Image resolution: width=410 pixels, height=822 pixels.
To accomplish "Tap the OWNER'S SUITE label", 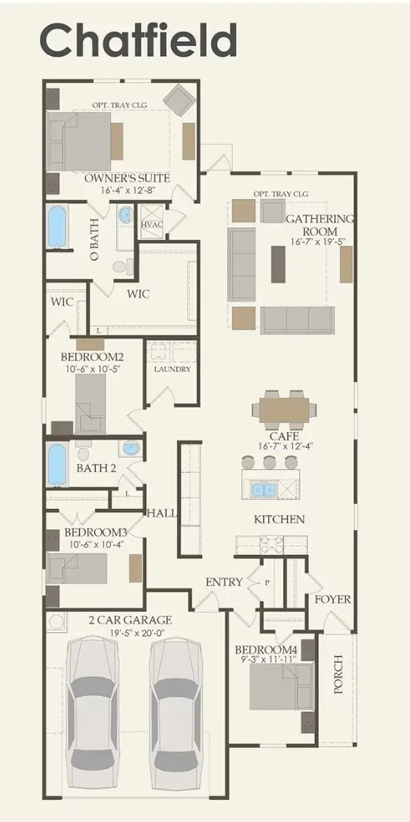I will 127,179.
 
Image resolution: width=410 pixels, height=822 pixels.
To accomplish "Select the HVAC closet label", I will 151,225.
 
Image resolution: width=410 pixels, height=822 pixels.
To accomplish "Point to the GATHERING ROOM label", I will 319,225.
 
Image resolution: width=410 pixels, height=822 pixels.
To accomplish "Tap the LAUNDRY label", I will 172,370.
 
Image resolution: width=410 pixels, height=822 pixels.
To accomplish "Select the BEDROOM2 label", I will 93,357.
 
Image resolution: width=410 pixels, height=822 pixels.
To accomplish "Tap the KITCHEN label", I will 279,519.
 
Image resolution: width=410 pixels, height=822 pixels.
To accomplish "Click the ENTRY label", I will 224,581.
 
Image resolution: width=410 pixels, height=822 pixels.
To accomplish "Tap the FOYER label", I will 332,600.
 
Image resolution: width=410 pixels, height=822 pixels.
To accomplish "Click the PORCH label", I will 339,673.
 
